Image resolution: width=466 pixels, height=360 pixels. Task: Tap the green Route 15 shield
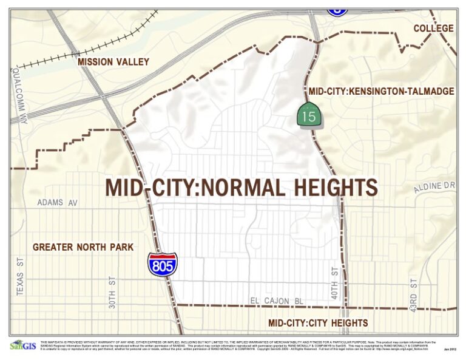tap(308, 115)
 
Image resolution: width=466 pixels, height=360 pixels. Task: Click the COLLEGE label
tap(433, 29)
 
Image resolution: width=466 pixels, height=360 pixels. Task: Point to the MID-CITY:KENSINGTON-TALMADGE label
tap(381, 92)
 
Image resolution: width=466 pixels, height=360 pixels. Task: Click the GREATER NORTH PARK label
tap(83, 247)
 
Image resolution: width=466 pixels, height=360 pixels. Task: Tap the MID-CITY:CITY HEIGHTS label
tap(318, 323)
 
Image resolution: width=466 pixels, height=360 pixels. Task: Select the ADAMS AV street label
tap(58, 202)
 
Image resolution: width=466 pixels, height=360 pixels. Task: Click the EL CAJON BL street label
tap(277, 301)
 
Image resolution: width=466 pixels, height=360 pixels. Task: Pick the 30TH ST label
tap(112, 293)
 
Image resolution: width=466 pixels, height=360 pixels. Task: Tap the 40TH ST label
tap(334, 281)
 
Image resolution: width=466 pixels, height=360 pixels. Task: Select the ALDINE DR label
tap(434, 187)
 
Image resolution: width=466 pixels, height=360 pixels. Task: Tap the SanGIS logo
tap(22, 345)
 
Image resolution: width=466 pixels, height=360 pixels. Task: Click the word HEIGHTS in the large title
tap(326, 188)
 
